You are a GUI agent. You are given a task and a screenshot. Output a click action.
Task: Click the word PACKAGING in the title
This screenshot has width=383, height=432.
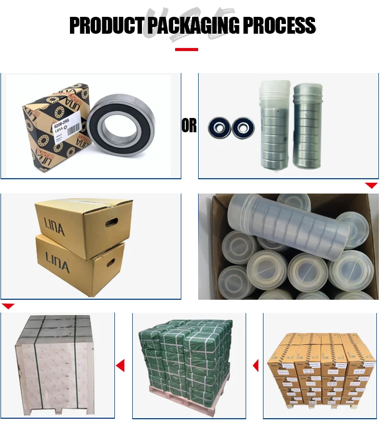[x=192, y=25]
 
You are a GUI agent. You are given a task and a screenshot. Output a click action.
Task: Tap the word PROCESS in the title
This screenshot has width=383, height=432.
[x=280, y=25]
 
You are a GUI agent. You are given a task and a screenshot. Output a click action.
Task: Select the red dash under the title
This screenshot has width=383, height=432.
[x=186, y=50]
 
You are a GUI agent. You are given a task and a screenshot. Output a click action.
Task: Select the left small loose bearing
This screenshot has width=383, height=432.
[x=219, y=127]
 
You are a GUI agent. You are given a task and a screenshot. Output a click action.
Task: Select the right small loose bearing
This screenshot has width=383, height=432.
[x=243, y=127]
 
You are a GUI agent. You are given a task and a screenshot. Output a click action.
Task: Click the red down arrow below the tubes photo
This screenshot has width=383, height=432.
[x=371, y=185]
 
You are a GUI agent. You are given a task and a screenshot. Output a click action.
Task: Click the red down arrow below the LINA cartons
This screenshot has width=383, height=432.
[x=8, y=306]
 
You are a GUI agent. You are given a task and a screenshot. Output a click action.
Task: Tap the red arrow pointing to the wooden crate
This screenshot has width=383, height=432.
[x=121, y=365]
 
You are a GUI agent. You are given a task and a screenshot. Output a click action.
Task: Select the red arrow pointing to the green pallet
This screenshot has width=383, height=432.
[x=255, y=365]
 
